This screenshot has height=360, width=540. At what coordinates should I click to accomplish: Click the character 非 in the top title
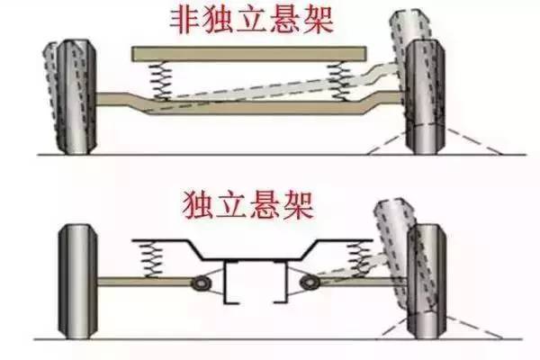178,20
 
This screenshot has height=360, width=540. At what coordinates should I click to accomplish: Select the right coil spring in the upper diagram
341,78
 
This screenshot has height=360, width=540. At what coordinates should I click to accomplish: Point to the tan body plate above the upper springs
251,55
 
